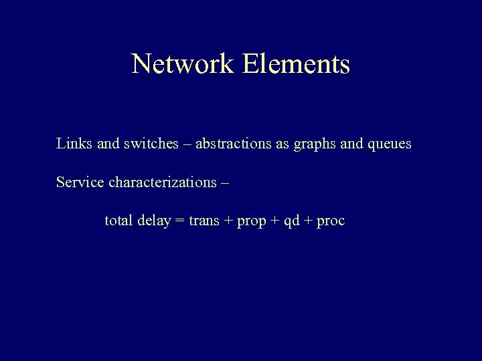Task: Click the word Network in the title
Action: pos(183,64)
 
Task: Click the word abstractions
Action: pos(234,144)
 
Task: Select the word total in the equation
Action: pos(119,221)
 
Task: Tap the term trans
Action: pos(204,221)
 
